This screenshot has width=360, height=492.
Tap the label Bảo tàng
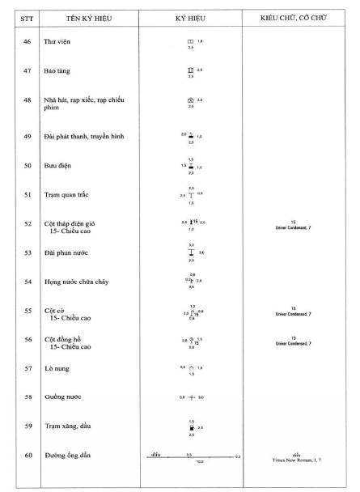(58, 71)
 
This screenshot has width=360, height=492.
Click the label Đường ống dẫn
(68, 456)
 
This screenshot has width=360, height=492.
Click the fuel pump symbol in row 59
(191, 426)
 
